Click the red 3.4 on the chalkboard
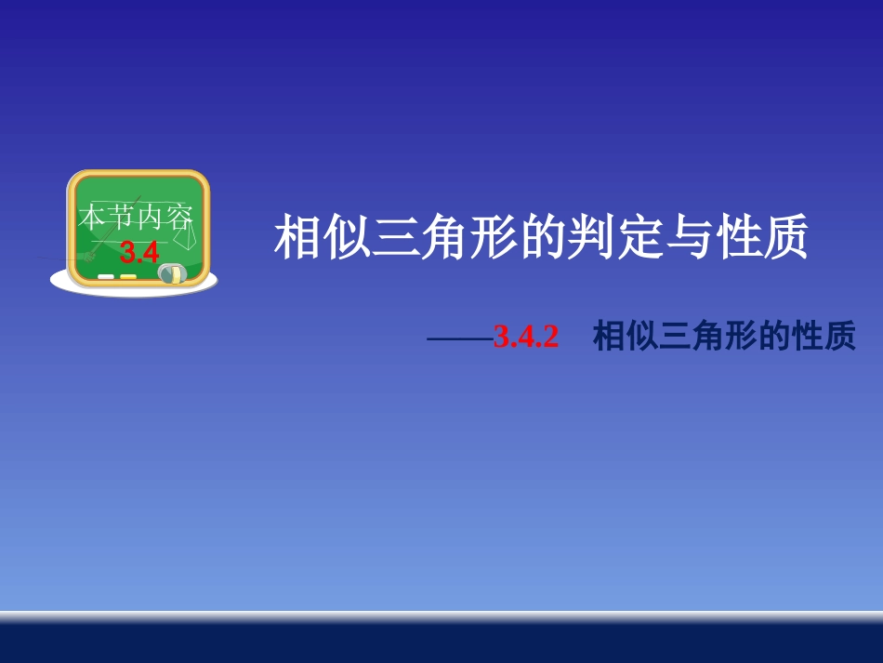coord(140,252)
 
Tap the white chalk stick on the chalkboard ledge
coord(106,276)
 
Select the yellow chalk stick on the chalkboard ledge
coord(128,276)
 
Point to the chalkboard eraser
coord(172,273)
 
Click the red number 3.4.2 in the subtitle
coord(526,337)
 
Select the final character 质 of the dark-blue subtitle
coord(838,337)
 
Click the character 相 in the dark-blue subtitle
coord(608,337)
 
